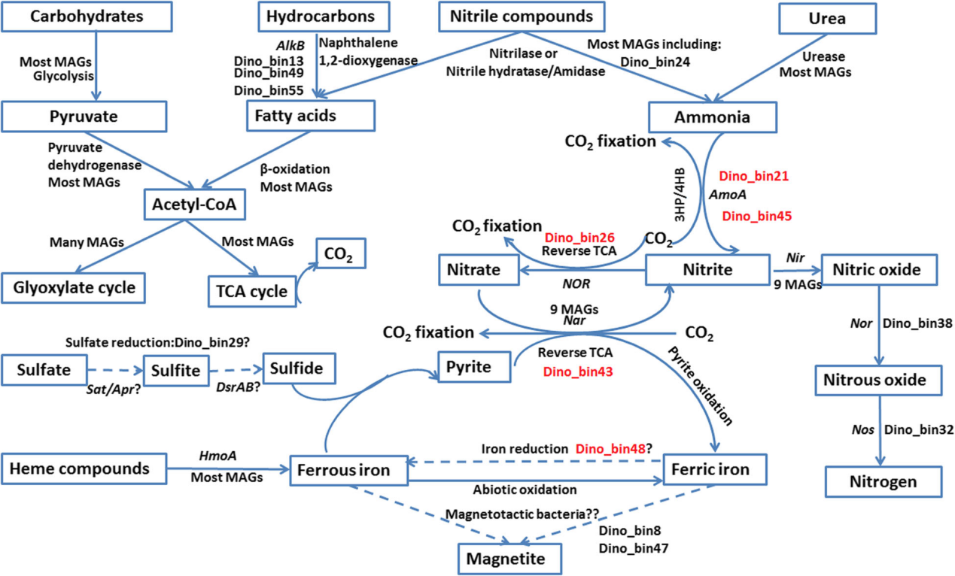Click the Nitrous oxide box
[877, 380]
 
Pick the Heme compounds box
[79, 469]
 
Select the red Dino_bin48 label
[610, 448]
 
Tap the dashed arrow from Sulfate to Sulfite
[114, 370]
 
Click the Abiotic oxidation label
[525, 490]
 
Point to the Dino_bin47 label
[634, 548]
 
